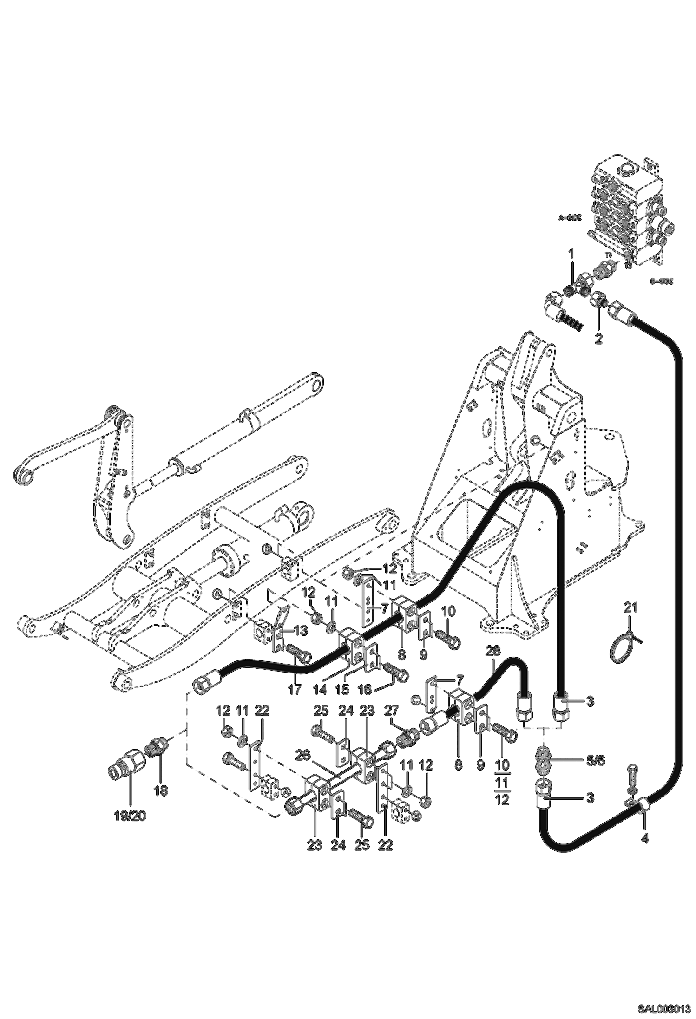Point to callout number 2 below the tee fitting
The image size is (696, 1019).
[x=598, y=339]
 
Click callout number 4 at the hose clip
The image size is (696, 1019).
[x=645, y=839]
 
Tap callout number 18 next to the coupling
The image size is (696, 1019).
[x=161, y=790]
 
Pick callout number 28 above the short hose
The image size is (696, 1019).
[x=493, y=652]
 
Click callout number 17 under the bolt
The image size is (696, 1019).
[x=295, y=690]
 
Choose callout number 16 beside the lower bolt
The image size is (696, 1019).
[x=365, y=690]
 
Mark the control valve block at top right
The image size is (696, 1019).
[x=627, y=209]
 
